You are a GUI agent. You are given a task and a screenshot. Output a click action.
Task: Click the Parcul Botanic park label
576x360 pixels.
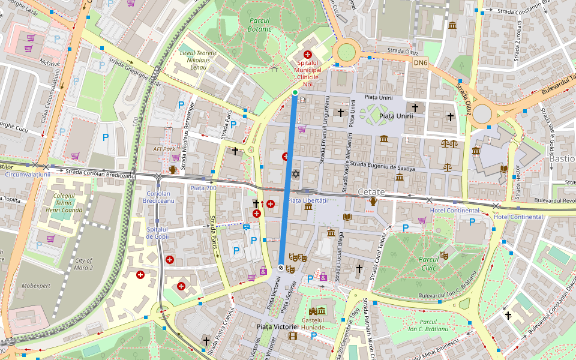coord(260,24)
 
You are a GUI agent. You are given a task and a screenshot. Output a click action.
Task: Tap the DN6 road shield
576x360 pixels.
coord(421,62)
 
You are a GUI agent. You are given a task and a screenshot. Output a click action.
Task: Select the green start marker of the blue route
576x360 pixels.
coord(295,92)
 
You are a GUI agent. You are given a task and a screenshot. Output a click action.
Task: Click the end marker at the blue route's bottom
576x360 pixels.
coord(281,268)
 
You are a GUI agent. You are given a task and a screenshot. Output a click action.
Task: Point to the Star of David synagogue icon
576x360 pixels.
coord(295,174)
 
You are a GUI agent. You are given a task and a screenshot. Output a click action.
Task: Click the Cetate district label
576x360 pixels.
coord(371,191)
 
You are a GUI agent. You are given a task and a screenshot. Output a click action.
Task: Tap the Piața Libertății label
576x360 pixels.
coord(308,200)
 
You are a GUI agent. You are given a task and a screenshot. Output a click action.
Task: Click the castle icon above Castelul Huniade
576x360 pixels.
coord(317,311)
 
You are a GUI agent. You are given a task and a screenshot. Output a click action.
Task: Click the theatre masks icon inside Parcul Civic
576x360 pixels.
coord(444,255)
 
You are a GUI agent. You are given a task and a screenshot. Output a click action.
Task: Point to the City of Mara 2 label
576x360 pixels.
coord(84,265)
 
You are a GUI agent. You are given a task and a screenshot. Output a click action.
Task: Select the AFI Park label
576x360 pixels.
coord(164,149)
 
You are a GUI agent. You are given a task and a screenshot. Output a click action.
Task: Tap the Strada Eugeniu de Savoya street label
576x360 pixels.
coord(382,167)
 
